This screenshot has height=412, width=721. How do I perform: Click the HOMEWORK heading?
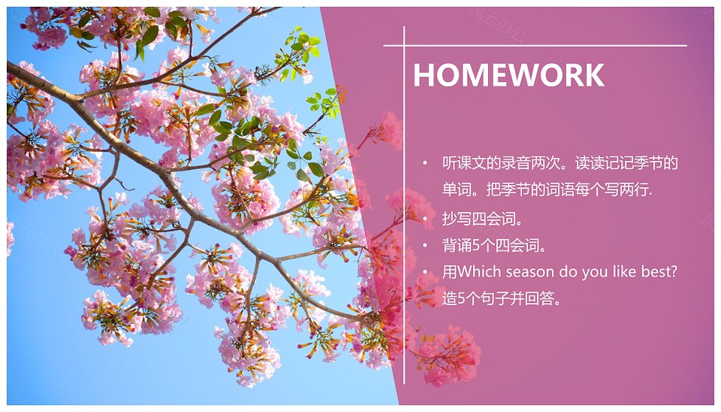coord(508,74)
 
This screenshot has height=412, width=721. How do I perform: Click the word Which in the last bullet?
coord(480,271)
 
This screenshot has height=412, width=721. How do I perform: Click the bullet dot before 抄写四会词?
coord(426,219)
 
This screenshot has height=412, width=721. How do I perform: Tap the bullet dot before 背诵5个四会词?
coord(426,245)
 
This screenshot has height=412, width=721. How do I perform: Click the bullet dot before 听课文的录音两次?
coord(426,163)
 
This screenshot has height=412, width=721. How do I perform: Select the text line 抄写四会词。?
coord(483,219)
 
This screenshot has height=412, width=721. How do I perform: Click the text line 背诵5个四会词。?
coord(494,245)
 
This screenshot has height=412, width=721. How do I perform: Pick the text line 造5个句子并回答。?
coord(502,298)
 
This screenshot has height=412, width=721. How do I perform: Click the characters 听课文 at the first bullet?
coord(464,163)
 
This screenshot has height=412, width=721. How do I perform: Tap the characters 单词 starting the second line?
coord(457,189)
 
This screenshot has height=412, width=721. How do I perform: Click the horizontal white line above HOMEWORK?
coord(535,46)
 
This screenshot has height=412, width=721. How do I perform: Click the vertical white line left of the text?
coord(404,205)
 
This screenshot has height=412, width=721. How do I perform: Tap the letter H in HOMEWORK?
coord(423,74)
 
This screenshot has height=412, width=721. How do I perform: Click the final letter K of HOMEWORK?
coord(594,74)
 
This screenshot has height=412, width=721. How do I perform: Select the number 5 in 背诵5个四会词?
coord(476,246)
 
